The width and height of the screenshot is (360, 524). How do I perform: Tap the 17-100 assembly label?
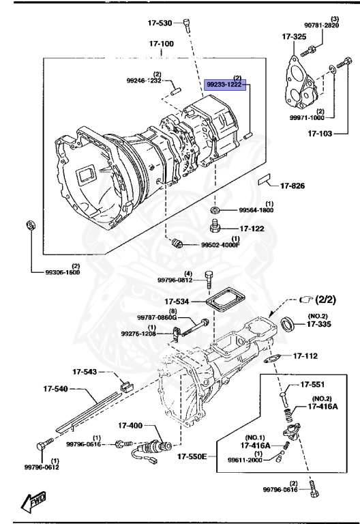click(162, 44)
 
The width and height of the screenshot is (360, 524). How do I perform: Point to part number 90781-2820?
click(321, 25)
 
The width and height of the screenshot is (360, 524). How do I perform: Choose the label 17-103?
click(320, 134)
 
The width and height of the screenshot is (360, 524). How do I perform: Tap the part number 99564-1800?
click(256, 211)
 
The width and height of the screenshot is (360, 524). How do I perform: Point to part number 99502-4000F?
click(220, 245)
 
